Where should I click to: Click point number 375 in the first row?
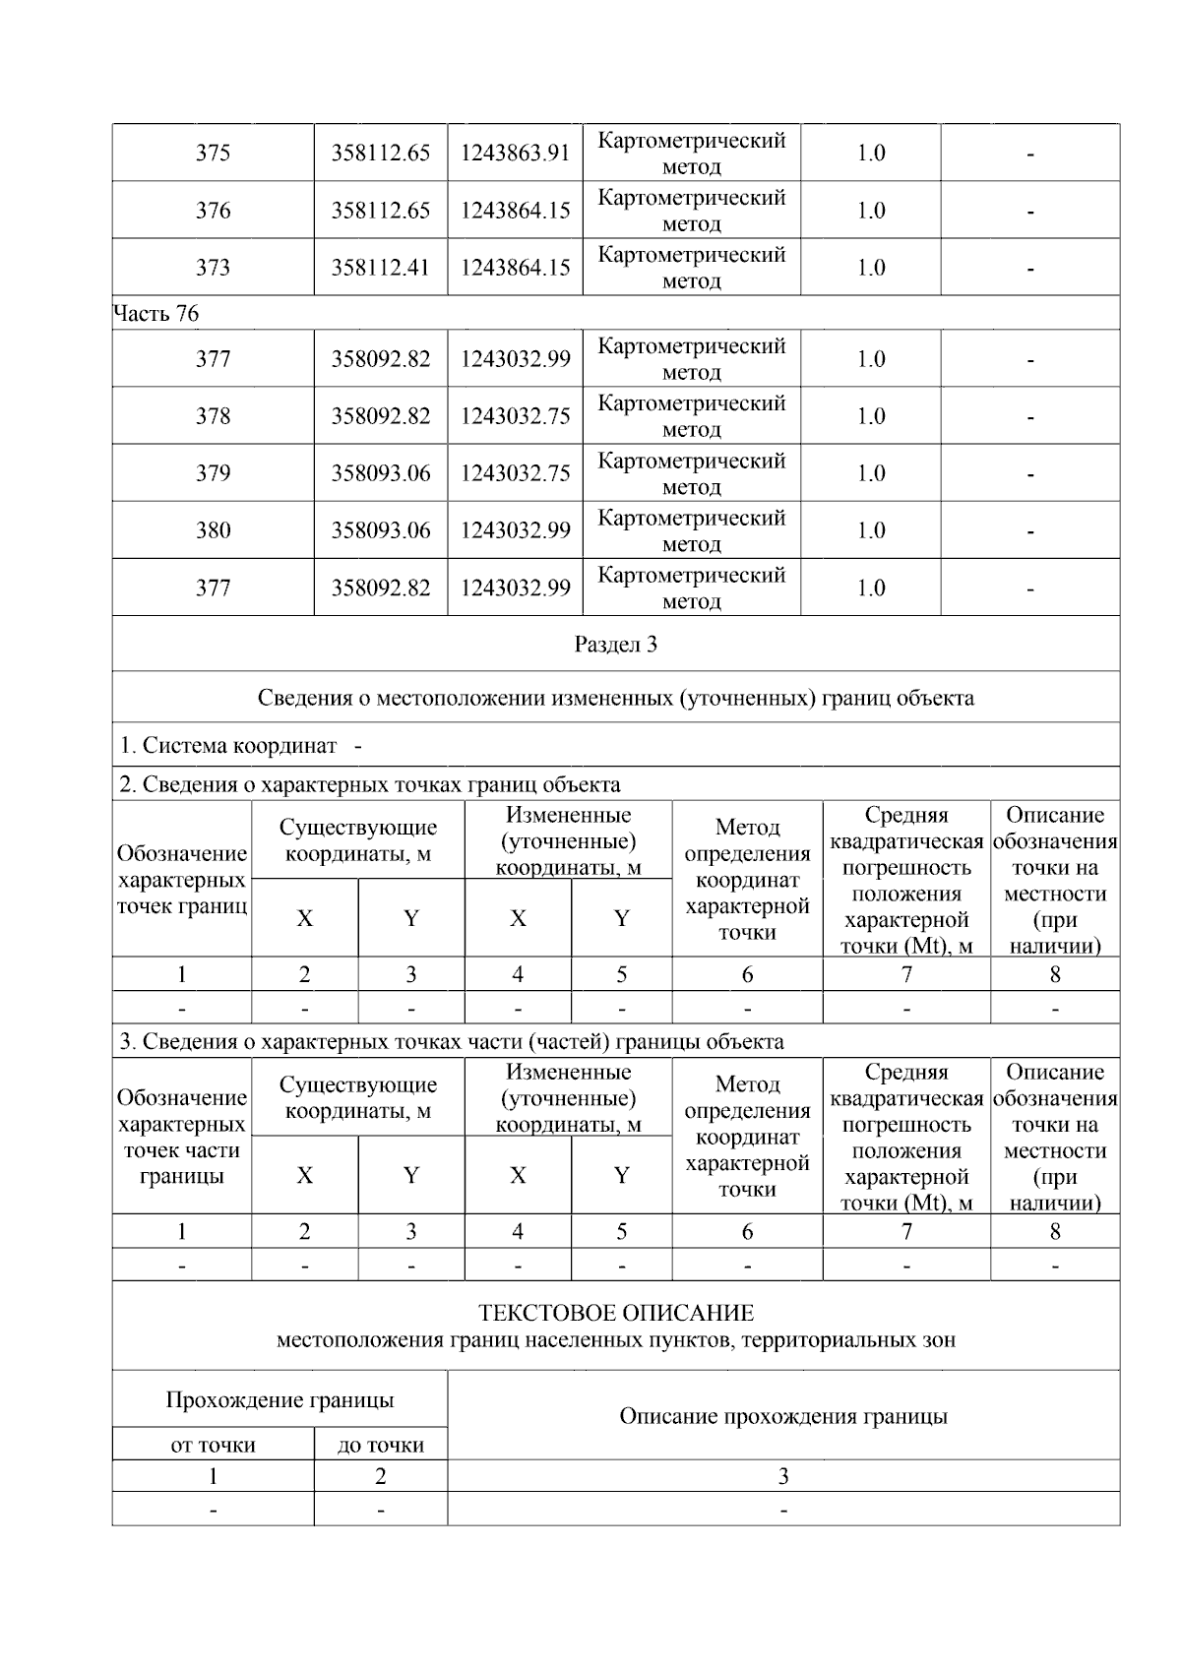(x=213, y=154)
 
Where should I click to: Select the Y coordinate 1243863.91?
(x=515, y=154)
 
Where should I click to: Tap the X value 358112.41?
(x=380, y=268)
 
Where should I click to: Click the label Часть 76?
(x=155, y=314)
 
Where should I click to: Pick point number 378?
(x=213, y=416)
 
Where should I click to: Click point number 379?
(x=213, y=473)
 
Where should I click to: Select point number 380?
(x=213, y=530)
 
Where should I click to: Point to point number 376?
(x=213, y=211)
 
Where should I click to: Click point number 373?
(x=213, y=268)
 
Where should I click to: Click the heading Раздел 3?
(x=615, y=645)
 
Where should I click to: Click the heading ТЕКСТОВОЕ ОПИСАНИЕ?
(x=615, y=1314)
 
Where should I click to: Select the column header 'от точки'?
(x=213, y=1445)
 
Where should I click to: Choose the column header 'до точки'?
(x=380, y=1445)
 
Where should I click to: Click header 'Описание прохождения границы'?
(x=782, y=1416)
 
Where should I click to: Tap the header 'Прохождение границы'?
(x=280, y=1399)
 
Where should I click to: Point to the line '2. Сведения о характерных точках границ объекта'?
(x=370, y=784)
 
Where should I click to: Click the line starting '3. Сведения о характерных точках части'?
(x=452, y=1041)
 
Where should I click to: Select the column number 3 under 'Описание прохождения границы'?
(x=782, y=1476)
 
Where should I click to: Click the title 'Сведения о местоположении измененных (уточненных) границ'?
(x=615, y=698)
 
